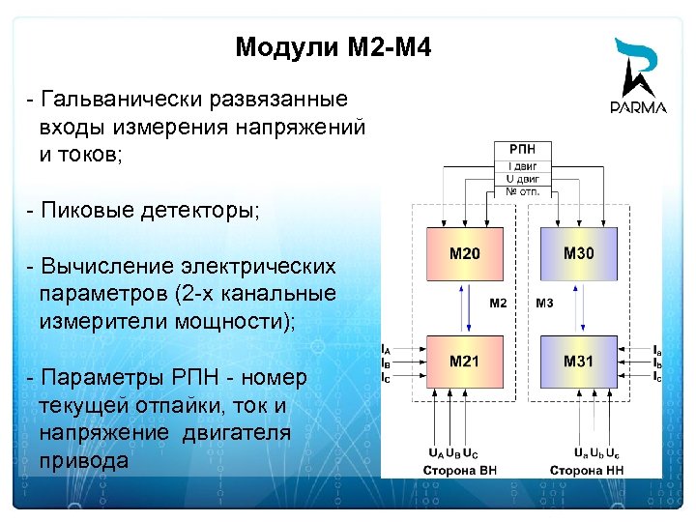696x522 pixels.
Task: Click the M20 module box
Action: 465,254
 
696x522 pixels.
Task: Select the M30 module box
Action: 579,254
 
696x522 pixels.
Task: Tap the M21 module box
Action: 465,362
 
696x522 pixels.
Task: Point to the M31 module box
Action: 579,362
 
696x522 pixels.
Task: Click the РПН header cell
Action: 523,150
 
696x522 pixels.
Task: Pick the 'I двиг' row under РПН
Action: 523,165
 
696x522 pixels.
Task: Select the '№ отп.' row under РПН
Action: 523,190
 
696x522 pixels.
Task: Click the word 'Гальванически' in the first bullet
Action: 107,100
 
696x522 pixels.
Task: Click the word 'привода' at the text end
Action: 83,460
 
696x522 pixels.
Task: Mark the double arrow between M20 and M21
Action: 465,307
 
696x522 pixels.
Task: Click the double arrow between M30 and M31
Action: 579,307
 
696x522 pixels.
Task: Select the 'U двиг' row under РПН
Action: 523,178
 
